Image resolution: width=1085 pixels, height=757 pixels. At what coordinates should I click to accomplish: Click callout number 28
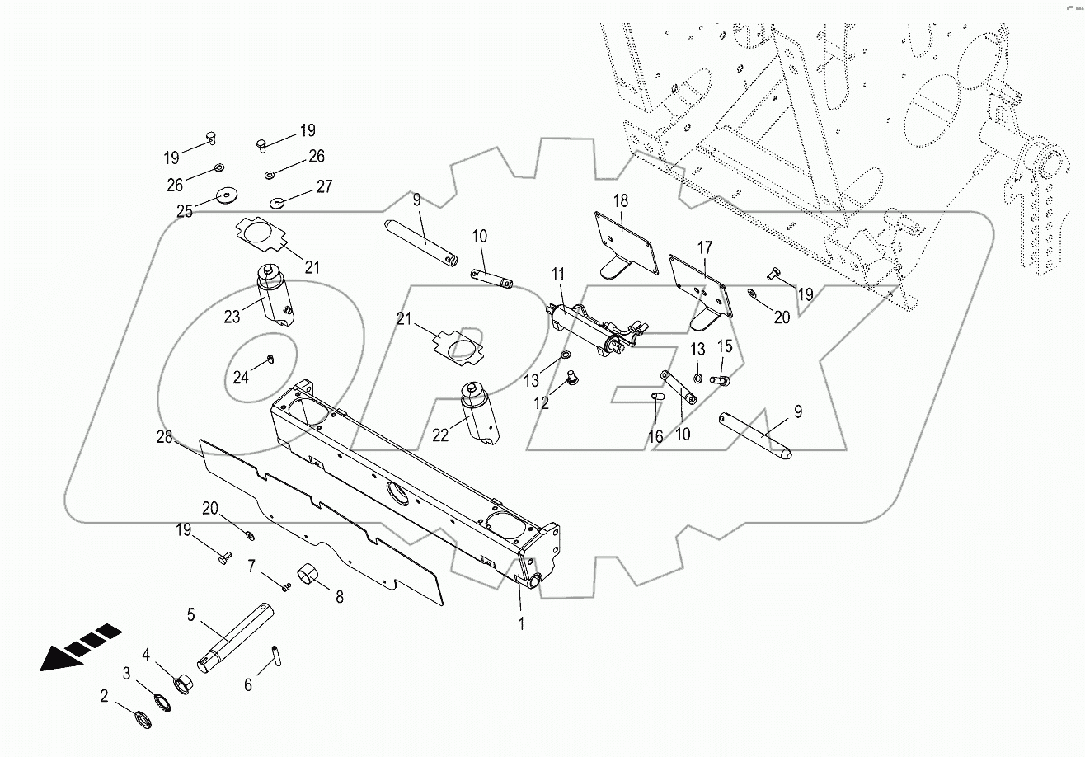pyautogui.click(x=165, y=437)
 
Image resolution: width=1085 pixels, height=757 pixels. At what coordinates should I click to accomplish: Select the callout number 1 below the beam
pyautogui.click(x=521, y=623)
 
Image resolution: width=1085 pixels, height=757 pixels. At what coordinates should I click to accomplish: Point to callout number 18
pyautogui.click(x=620, y=200)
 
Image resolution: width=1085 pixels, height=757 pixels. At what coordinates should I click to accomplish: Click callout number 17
pyautogui.click(x=704, y=247)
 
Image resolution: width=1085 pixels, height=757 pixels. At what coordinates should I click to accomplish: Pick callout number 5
pyautogui.click(x=191, y=614)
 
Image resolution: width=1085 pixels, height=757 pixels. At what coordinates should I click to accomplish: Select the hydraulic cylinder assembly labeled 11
pyautogui.click(x=589, y=330)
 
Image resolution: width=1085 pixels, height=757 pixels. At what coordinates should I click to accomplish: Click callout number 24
pyautogui.click(x=240, y=378)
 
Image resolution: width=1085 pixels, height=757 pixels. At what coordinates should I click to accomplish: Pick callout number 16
pyautogui.click(x=655, y=436)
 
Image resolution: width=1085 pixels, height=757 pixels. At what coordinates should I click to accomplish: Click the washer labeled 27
pyautogui.click(x=278, y=201)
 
